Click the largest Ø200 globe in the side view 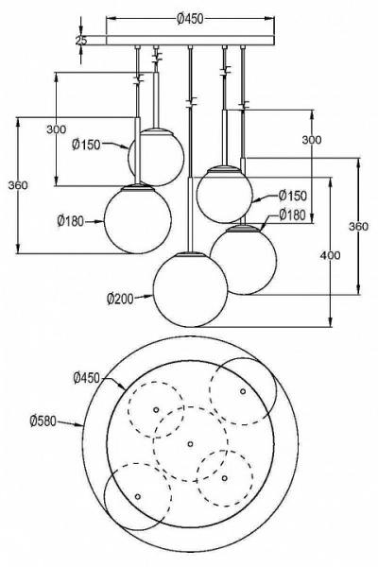coord(191,290)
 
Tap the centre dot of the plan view coord(190,443)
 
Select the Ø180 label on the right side coord(292,215)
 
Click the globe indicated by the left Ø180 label coord(138,219)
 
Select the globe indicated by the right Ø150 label coord(224,193)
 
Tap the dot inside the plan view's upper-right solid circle coord(243,391)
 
